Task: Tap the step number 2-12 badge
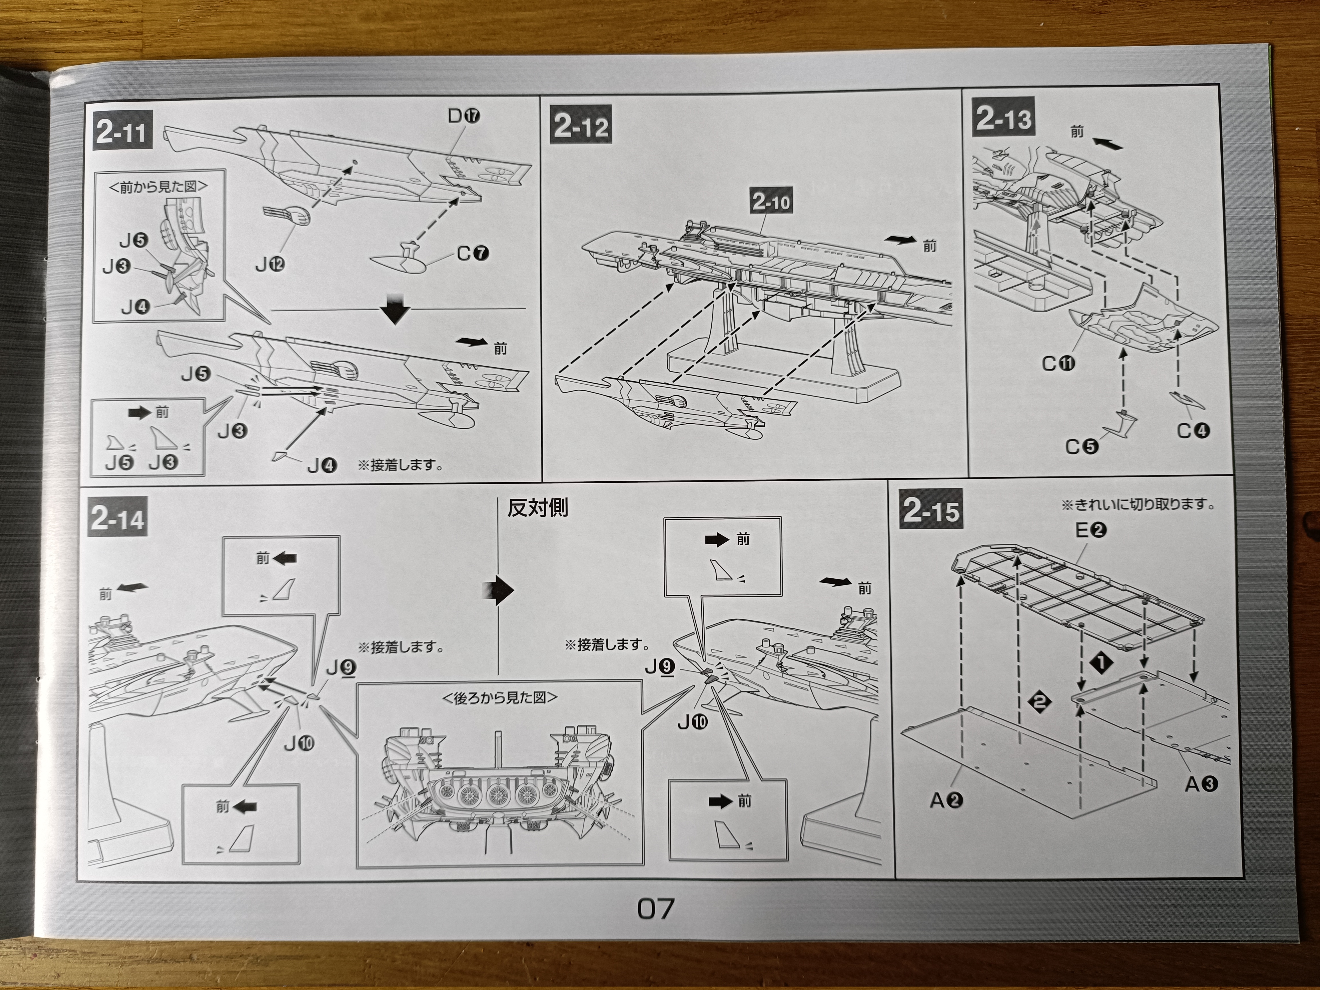pos(580,126)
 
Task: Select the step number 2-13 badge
pos(1004,119)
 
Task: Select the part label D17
pos(464,115)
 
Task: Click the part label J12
pos(270,264)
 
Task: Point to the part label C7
pos(473,253)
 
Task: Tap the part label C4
pos(1193,430)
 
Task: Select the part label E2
pos(1090,529)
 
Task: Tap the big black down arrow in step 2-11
pos(395,308)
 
